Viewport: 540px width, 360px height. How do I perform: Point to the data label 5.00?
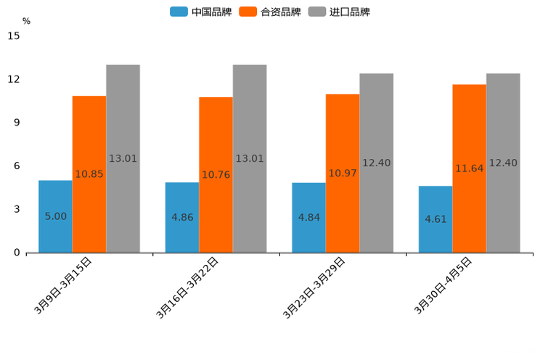pyautogui.click(x=56, y=216)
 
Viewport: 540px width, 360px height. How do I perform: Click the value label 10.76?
pyautogui.click(x=216, y=175)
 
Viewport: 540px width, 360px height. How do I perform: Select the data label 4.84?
pyautogui.click(x=309, y=217)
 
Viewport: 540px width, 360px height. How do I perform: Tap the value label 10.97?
pyautogui.click(x=343, y=173)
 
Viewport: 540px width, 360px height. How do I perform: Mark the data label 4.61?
pyautogui.click(x=435, y=218)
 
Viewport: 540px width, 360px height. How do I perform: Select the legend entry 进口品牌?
pyautogui.click(x=340, y=12)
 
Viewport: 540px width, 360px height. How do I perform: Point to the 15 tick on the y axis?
pyautogui.click(x=14, y=36)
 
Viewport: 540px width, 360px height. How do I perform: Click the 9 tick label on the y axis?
pyautogui.click(x=16, y=123)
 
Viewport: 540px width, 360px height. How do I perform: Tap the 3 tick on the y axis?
pyautogui.click(x=16, y=209)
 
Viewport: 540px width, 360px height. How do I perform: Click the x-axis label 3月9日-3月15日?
pyautogui.click(x=63, y=285)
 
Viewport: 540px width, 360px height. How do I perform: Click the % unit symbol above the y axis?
pyautogui.click(x=26, y=21)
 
